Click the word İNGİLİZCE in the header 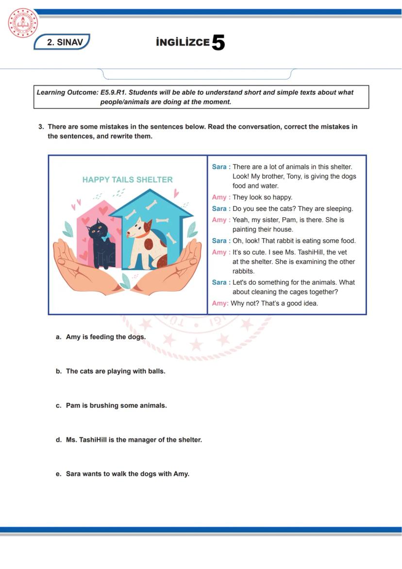pos(183,43)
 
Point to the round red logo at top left pos(22,23)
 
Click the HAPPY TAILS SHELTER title pos(127,180)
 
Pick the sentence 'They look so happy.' pos(262,197)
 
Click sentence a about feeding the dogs pos(105,337)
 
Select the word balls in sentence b pos(155,371)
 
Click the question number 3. pos(41,127)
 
